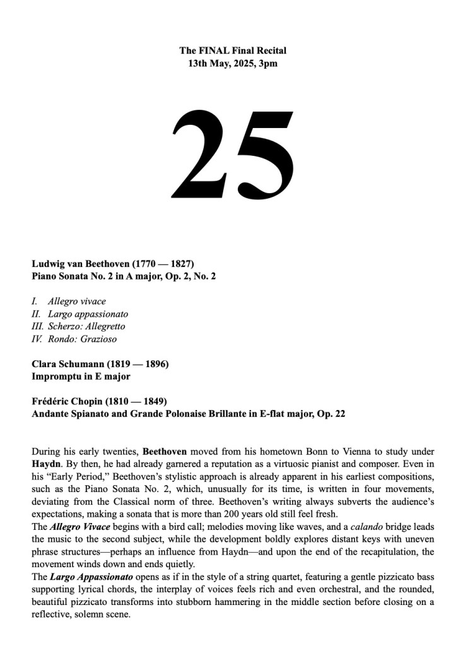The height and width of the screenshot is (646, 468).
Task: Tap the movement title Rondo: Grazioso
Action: [x=82, y=339]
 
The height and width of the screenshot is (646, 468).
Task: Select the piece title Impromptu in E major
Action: [x=81, y=377]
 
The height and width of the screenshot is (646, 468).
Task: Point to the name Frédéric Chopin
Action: [x=67, y=401]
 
